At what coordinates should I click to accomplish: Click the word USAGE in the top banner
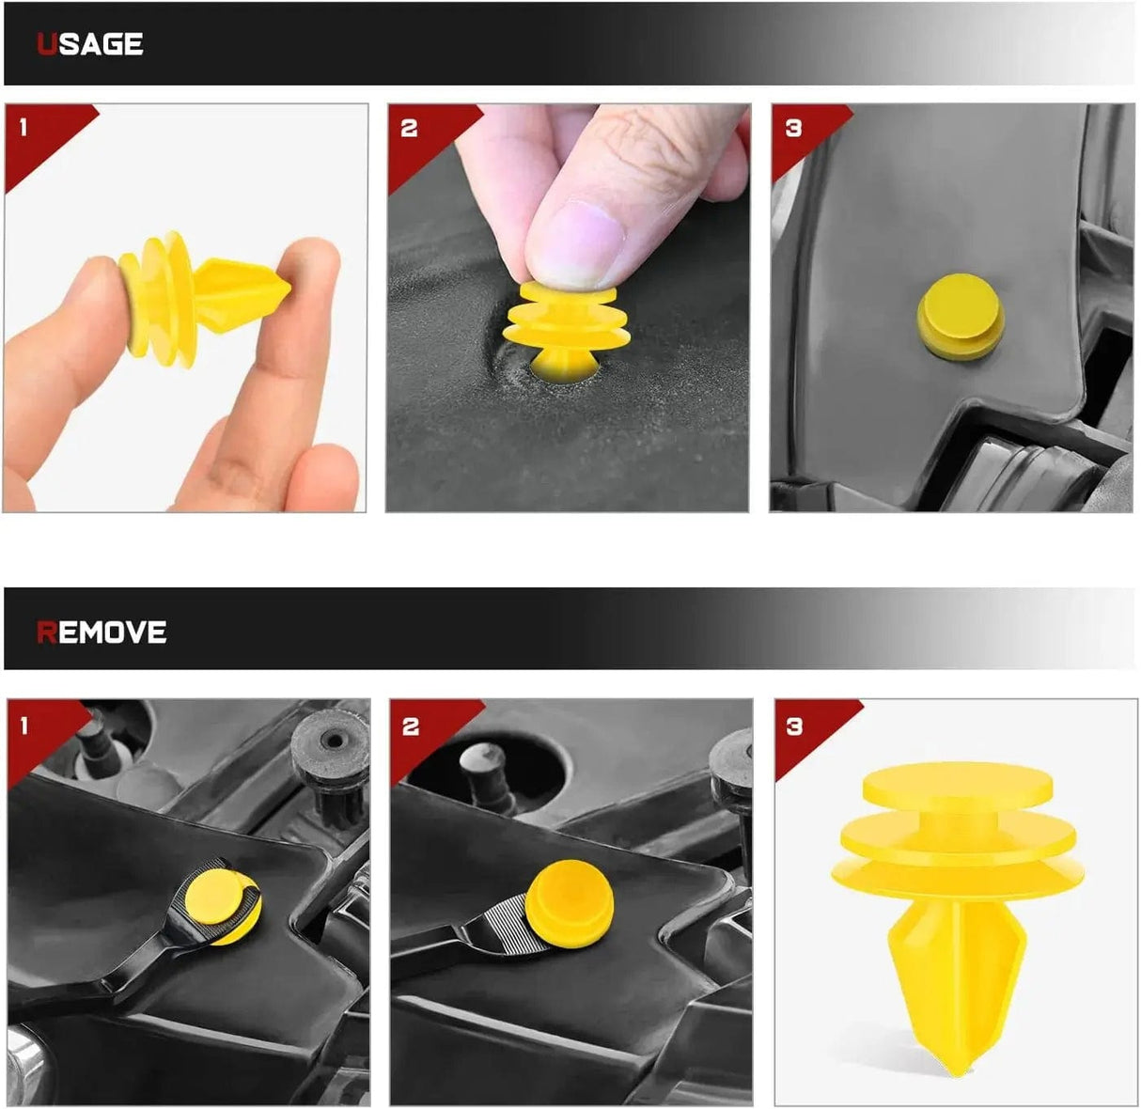pos(90,44)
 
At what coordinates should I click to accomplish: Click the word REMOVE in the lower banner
pos(102,633)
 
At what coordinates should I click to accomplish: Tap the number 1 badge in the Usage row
pos(23,127)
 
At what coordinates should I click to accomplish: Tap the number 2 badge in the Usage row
pos(408,128)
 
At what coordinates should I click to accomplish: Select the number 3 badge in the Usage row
pos(793,128)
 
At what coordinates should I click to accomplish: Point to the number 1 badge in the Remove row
pos(24,725)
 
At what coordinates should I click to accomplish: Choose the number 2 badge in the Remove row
pos(410,726)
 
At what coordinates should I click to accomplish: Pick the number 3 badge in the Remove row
pos(795,726)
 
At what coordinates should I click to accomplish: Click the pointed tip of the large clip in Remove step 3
pos(956,1067)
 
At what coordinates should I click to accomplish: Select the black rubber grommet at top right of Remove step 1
pos(329,752)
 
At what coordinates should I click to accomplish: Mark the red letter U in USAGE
pos(46,44)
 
